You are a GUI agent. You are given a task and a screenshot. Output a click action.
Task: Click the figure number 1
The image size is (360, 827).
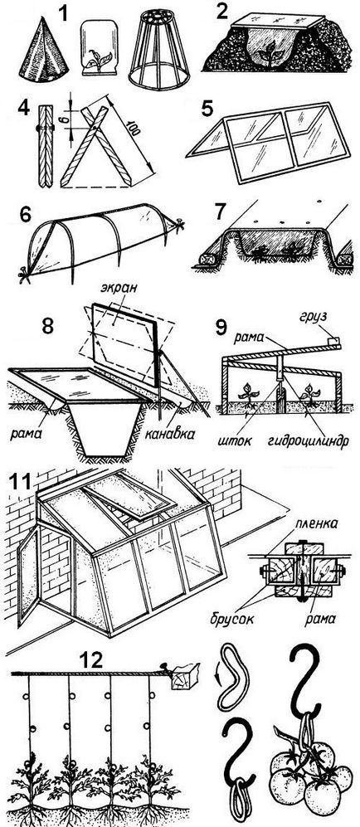point(64,12)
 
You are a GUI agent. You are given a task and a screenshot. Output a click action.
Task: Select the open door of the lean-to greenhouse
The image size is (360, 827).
point(28,576)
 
